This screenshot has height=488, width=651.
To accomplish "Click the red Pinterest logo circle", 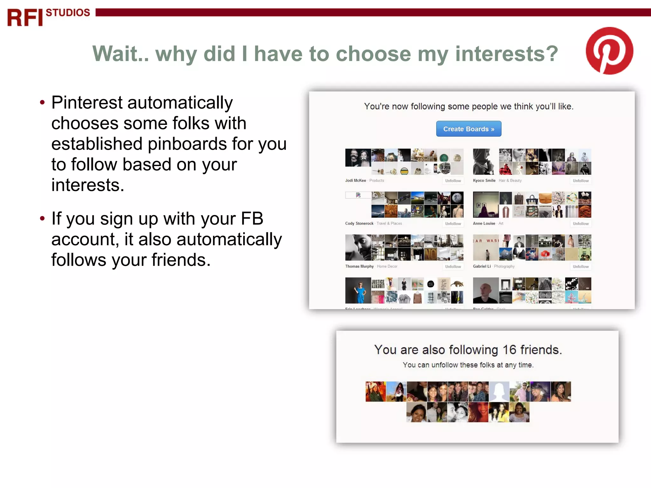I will click(609, 51).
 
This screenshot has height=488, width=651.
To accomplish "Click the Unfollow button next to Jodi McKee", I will click(453, 181).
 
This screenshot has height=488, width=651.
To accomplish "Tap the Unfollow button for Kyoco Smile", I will click(580, 181).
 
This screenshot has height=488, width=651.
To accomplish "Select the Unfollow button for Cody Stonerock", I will click(453, 224).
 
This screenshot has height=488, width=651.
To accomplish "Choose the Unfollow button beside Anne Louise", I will click(580, 224).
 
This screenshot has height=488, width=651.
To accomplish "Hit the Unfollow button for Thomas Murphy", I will click(453, 267).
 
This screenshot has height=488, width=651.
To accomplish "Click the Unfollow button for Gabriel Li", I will click(580, 267).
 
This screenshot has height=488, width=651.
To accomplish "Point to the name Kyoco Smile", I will click(484, 180).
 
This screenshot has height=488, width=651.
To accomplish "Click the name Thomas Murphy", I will click(359, 266).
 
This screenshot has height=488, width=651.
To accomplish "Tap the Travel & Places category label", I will click(389, 223).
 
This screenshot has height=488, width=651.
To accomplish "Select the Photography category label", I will click(504, 266).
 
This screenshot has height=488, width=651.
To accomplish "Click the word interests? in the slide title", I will click(507, 54).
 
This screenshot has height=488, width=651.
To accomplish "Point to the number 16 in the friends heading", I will click(509, 350).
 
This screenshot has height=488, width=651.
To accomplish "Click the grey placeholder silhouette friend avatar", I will click(499, 391).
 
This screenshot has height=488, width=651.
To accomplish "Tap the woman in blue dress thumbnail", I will click(358, 290).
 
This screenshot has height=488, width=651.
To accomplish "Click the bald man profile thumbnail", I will click(485, 290).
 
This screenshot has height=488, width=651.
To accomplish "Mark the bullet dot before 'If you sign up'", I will click(42, 219).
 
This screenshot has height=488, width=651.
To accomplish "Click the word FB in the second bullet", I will click(252, 219).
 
